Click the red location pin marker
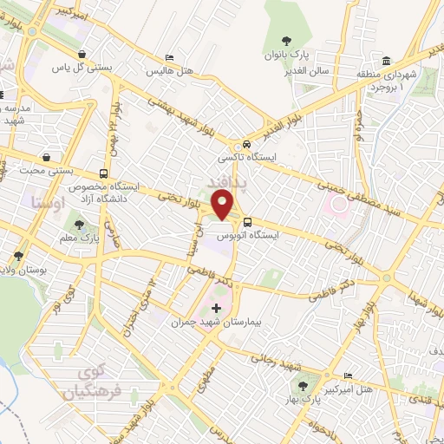click(x=224, y=206)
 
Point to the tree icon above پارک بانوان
click(x=285, y=38)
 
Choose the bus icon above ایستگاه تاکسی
click(x=247, y=144)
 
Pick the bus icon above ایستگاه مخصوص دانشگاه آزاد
click(x=104, y=173)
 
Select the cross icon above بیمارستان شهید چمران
click(x=216, y=307)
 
